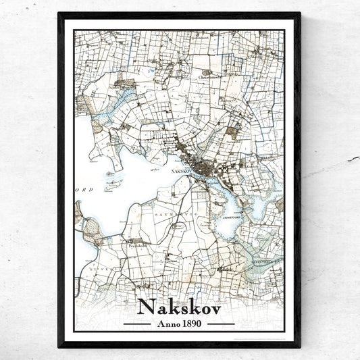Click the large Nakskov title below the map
pos(179,306)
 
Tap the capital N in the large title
pos(145,306)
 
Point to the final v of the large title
pos(214,308)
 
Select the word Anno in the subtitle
pos(167,323)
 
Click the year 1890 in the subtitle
pos(191,323)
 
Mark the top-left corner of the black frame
pos(59,14)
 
